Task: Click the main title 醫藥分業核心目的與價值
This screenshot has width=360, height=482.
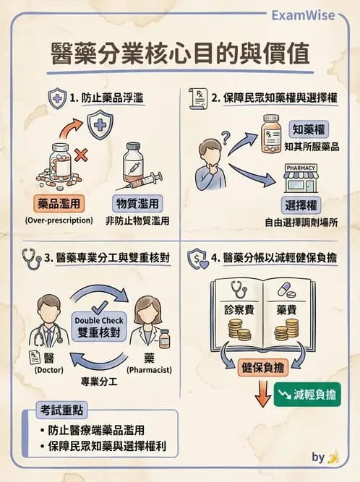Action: coord(180,54)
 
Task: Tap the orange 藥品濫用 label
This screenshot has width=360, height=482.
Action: coord(59,203)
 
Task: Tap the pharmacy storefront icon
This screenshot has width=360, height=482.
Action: coord(304,179)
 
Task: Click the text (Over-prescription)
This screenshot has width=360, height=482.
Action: coord(59,220)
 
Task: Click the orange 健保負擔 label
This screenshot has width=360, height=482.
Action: coord(262,367)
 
